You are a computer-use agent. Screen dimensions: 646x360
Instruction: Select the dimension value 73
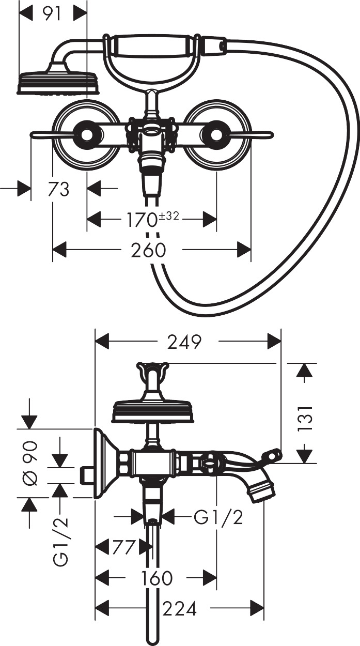(59, 189)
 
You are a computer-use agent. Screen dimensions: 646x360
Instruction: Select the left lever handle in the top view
(52, 135)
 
